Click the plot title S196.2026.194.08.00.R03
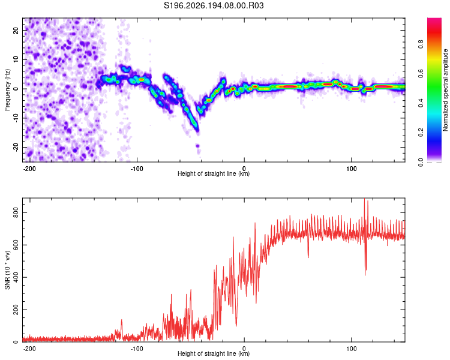point(214,5)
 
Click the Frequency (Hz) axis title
point(7,90)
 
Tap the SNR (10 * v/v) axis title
point(7,270)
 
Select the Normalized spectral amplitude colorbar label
point(445,90)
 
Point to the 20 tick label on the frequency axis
point(16,30)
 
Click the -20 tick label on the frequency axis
point(16,148)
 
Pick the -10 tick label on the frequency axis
point(16,118)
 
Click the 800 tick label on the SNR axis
point(16,212)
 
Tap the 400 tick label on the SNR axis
point(16,277)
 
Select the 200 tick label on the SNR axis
point(16,310)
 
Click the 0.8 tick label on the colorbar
point(421,44)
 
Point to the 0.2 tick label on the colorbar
point(421,133)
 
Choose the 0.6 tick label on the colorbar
point(421,74)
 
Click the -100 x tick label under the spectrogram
point(137,169)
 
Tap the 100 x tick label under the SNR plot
point(351,349)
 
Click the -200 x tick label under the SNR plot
point(29,349)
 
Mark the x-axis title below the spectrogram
point(214,173)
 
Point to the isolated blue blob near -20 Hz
point(198,146)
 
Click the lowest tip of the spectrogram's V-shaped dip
point(198,131)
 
